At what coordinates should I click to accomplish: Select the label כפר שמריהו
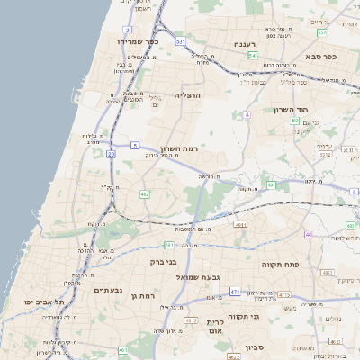(137, 41)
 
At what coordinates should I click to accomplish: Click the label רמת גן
(143, 295)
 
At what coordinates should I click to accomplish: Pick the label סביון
(255, 346)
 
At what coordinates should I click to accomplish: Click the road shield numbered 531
(181, 41)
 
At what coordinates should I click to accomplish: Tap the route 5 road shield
(135, 144)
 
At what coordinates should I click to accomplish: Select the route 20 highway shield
(111, 155)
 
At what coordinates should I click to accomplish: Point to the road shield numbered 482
(145, 193)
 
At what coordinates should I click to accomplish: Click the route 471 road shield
(235, 292)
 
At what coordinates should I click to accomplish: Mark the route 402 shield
(294, 119)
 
